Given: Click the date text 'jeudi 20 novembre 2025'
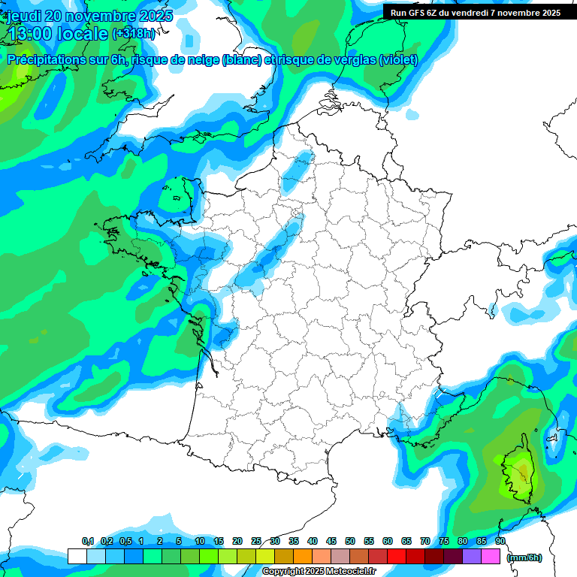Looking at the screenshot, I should coord(89,16).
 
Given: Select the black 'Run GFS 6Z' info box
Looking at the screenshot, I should coord(476,12).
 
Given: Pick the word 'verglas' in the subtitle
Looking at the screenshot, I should coord(352,60).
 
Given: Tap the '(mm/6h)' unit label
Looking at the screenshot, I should coord(524,557).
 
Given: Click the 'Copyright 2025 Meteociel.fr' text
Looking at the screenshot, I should coord(319,572).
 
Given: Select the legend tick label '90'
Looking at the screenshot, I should coord(500,541).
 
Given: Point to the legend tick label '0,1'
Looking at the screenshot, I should coord(87,541).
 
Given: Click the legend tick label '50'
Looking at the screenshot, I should coord(350,541).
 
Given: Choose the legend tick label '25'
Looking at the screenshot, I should coord(256,541).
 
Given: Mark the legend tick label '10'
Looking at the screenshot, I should coord(200,541).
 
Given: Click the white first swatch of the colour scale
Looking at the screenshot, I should coord(77,556).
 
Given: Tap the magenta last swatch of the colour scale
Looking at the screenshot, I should coord(491,556).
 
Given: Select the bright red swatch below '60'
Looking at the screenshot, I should coord(397,556).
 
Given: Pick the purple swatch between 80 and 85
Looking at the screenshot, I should coord(472,556).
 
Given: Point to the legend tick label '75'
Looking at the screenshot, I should coord(444,541).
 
